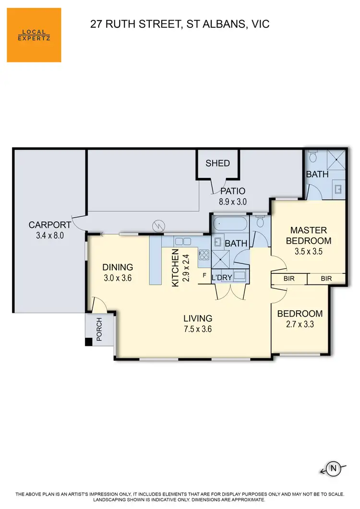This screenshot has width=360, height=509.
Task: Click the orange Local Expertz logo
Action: pos(34,35)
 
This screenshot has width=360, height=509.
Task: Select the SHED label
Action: pos(217,163)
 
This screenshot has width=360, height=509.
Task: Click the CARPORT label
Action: pos(50,225)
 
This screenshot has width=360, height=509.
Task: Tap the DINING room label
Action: pos(118,267)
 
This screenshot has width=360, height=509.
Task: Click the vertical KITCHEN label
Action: pos(175,268)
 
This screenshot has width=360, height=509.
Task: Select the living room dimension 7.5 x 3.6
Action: pos(198,329)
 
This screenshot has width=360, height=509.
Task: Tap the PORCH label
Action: pos(99,329)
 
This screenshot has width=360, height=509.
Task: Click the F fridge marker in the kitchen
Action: pos(204,275)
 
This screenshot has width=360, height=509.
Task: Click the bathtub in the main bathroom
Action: pos(230,224)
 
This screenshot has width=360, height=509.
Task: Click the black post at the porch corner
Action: pos(88,342)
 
